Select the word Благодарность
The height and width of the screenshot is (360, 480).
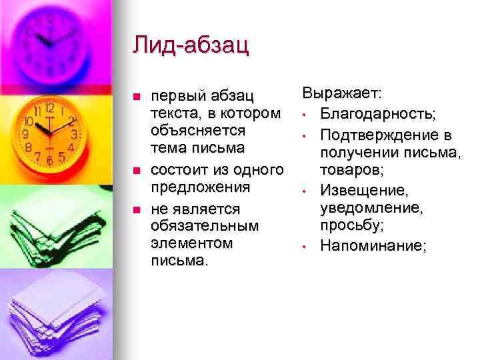coord(377,115)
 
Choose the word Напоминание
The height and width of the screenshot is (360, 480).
coord(373,246)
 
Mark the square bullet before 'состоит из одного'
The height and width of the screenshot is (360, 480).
coord(137,169)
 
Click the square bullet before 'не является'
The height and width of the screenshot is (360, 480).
coord(137,211)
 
